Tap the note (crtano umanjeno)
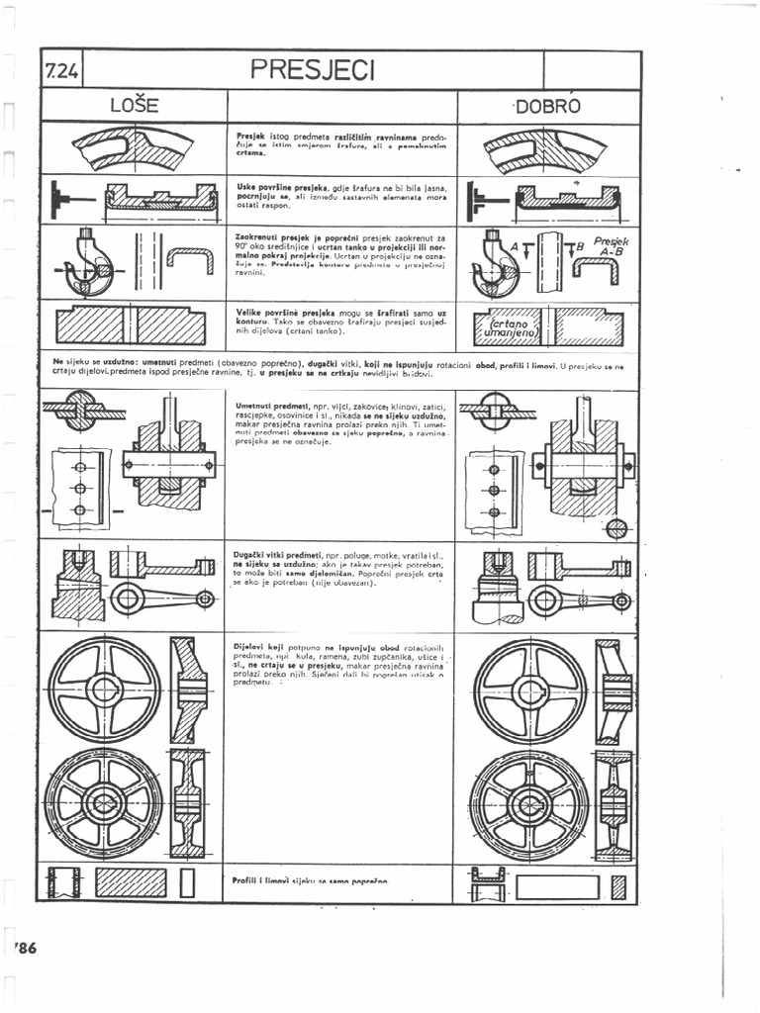click(x=510, y=327)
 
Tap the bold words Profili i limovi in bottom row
click(x=260, y=879)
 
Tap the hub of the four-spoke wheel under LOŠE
click(x=104, y=690)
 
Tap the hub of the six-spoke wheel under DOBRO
click(x=530, y=803)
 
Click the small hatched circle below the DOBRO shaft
click(x=616, y=528)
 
